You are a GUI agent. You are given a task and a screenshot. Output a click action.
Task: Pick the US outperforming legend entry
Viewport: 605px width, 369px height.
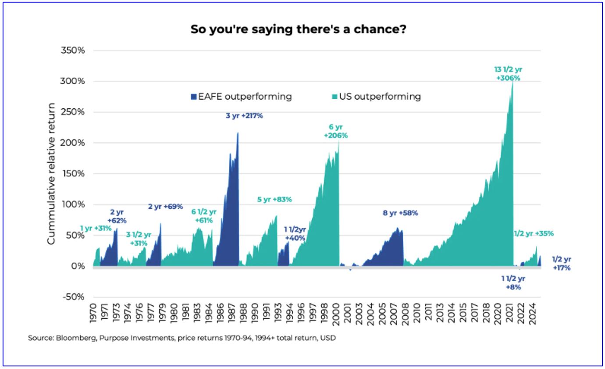tap(377, 97)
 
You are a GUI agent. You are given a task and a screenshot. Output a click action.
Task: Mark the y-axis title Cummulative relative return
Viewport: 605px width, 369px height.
tap(51, 174)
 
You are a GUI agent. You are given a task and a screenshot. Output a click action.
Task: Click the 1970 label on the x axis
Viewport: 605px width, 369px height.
tap(93, 315)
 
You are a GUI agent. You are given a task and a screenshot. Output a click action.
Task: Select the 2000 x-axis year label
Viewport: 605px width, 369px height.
tap(337, 315)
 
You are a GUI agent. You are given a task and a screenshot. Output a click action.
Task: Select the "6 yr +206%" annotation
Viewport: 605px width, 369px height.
tap(336, 132)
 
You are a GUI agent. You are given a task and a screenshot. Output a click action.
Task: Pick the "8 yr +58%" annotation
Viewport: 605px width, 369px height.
tap(400, 213)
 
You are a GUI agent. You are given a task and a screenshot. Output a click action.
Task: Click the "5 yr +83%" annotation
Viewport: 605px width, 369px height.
tap(274, 199)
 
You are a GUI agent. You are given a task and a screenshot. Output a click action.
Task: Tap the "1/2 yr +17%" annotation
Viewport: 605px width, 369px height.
tap(562, 263)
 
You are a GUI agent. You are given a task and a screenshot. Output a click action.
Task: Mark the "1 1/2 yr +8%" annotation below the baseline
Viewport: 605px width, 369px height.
tap(513, 283)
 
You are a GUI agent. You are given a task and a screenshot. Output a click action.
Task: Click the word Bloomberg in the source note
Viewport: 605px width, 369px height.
tap(67, 338)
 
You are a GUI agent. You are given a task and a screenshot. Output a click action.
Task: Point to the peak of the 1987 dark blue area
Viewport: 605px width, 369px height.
tap(238, 133)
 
